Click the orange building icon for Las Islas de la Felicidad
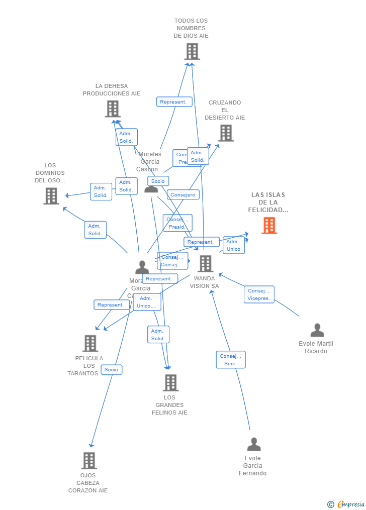(x=269, y=226)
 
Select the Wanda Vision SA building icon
(x=205, y=263)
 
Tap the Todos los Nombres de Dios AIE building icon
(x=192, y=51)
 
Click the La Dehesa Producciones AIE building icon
(x=113, y=109)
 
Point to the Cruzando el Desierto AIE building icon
(x=226, y=133)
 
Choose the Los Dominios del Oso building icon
(x=51, y=196)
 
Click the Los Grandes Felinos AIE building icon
(x=170, y=382)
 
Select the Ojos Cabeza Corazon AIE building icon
(x=88, y=460)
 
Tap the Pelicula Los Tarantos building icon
(x=90, y=343)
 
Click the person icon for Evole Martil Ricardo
(x=317, y=330)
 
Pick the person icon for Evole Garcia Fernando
(x=254, y=444)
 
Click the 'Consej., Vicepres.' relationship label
(x=259, y=294)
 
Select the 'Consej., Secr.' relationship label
(x=231, y=360)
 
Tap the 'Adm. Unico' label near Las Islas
(x=234, y=245)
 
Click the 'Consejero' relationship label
(x=183, y=195)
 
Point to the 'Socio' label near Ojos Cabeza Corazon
(x=111, y=370)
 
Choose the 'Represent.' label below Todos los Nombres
(x=174, y=102)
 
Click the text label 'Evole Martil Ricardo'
(x=316, y=347)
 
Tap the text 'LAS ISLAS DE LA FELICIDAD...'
(x=268, y=202)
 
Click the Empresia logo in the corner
(x=346, y=504)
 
